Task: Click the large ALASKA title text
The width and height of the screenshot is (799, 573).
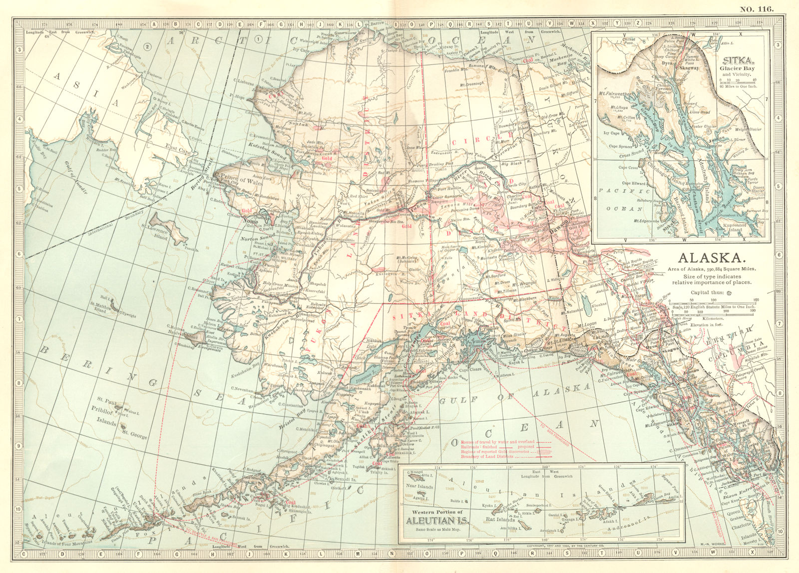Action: coord(712,258)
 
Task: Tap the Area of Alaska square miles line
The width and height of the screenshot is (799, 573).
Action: coord(712,270)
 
